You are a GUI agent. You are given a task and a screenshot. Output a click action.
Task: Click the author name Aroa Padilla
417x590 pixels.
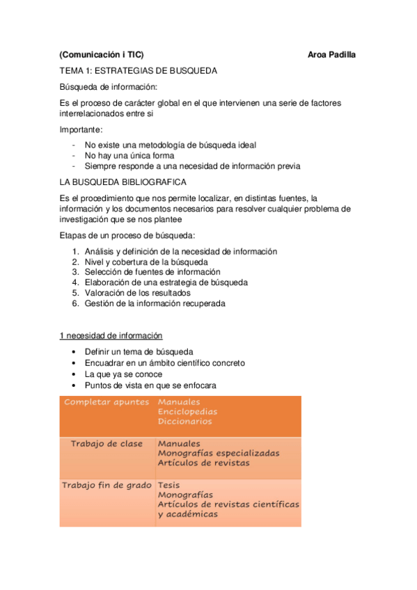tap(331, 55)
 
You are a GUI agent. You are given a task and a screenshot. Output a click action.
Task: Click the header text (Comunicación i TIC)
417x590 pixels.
tap(102, 55)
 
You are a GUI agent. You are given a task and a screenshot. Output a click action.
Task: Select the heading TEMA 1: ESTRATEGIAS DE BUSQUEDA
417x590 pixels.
tap(139, 71)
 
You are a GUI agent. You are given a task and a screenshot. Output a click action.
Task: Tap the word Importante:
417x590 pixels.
tap(81, 129)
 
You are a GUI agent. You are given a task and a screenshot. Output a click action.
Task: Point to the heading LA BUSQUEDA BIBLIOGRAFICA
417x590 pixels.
tap(123, 182)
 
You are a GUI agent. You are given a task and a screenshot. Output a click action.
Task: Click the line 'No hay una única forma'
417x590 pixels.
tap(129, 156)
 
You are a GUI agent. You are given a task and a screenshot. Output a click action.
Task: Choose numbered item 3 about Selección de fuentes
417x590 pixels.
tap(152, 272)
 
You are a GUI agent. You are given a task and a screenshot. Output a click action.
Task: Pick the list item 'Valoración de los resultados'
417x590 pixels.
tap(138, 293)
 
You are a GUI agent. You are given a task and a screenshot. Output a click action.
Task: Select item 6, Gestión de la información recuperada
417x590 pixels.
tap(155, 303)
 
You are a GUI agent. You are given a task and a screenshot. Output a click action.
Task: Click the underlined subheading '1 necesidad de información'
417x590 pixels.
tap(111, 335)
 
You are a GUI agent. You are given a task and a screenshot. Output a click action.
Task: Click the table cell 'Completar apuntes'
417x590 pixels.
tap(106, 402)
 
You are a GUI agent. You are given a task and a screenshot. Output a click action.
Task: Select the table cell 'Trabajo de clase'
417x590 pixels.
tap(107, 444)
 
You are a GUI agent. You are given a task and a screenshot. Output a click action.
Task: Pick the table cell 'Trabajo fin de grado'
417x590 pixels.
tap(107, 485)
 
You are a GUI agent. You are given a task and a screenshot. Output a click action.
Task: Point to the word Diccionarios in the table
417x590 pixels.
tap(184, 422)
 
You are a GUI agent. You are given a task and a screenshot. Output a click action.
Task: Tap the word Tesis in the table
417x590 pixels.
tap(169, 485)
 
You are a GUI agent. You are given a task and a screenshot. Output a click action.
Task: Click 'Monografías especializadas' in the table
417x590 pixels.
tap(219, 453)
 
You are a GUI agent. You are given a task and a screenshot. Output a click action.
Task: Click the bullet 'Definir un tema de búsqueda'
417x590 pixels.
tap(139, 352)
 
